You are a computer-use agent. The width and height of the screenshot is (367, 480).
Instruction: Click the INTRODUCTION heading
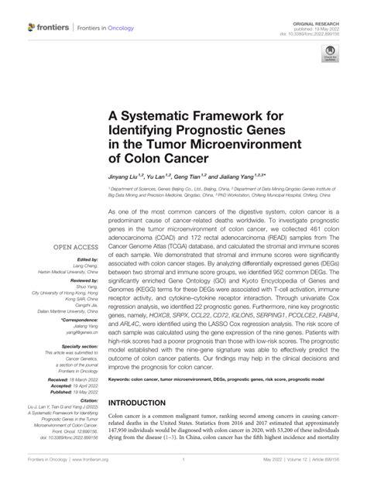146,403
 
